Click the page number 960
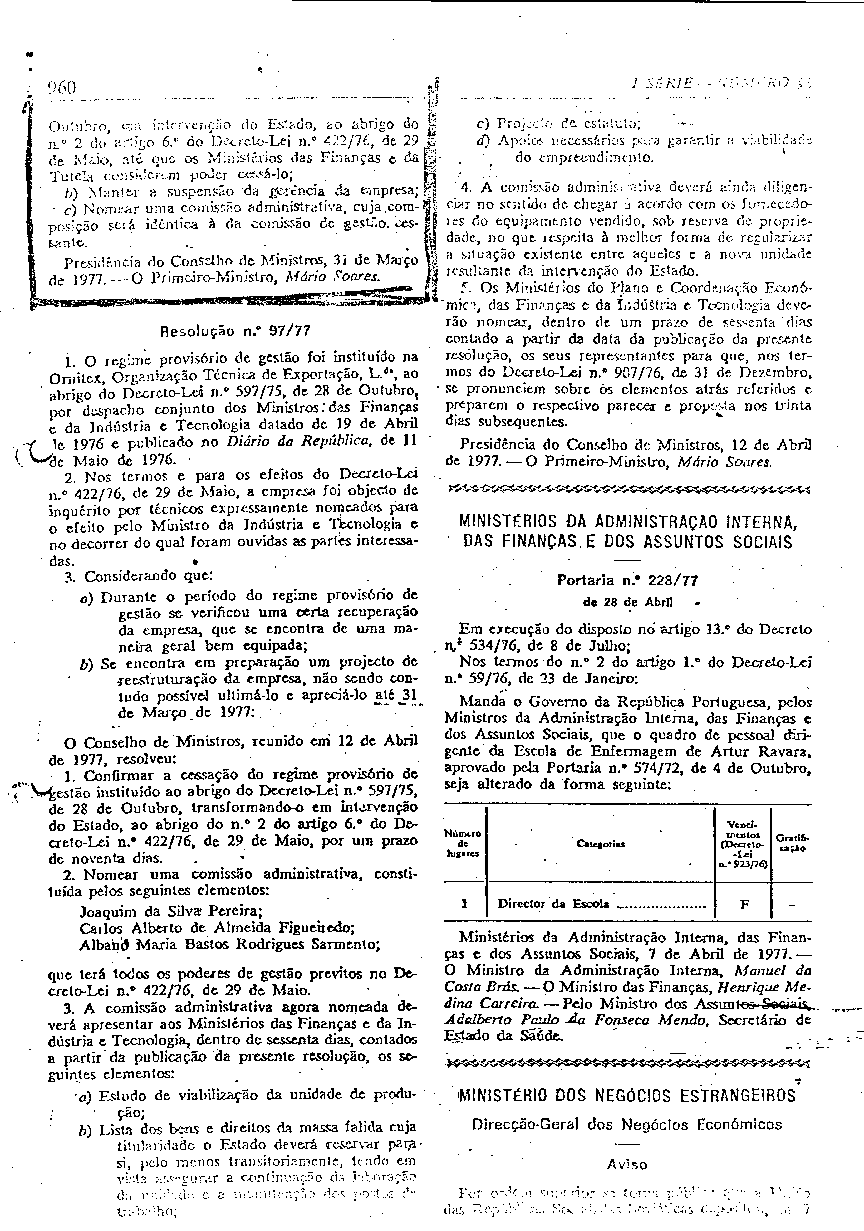tap(62, 87)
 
